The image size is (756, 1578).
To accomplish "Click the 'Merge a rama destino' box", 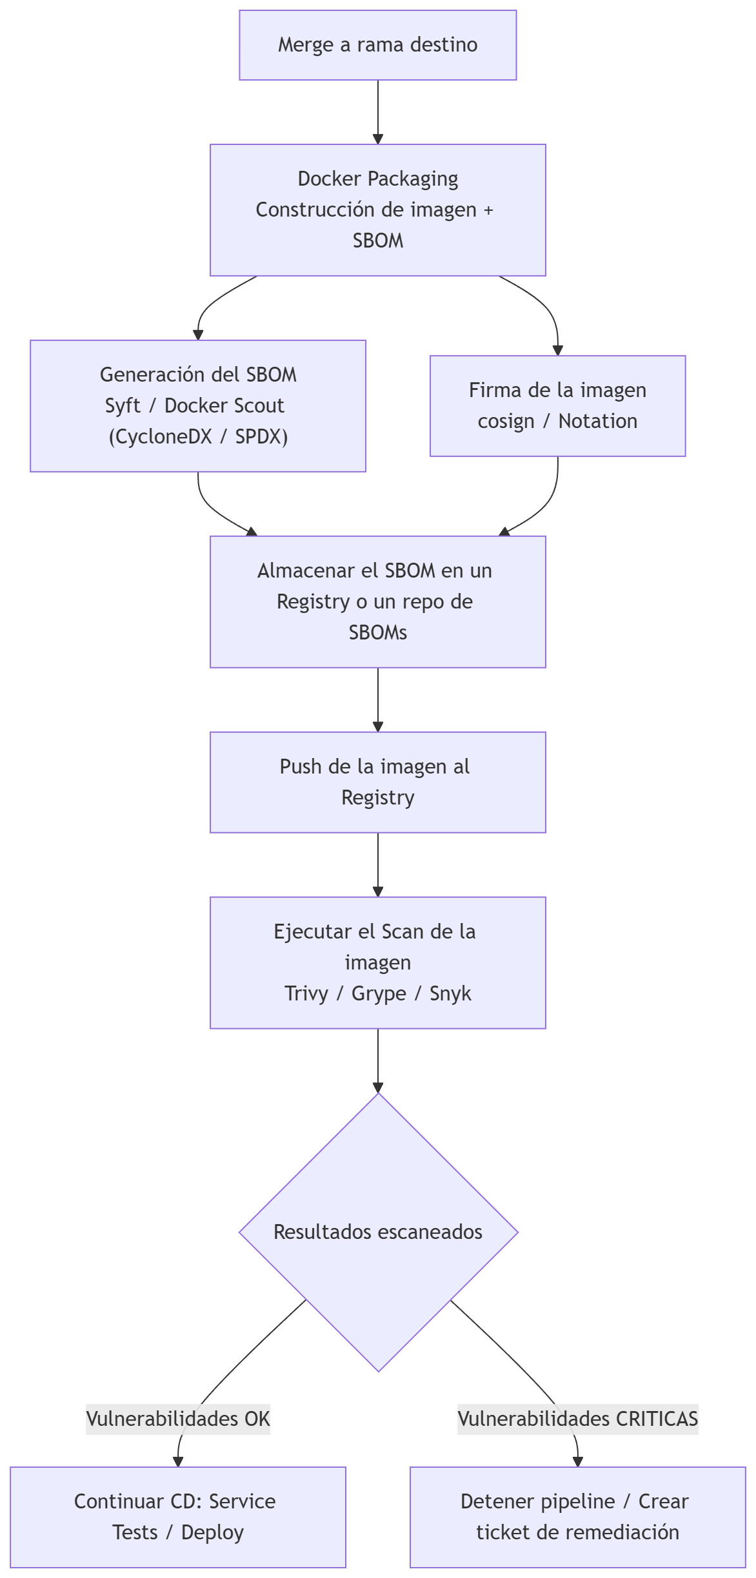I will tap(377, 45).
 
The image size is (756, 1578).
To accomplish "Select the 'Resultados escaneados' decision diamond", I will tap(378, 1232).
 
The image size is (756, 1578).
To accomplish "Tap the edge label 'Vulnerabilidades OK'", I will tap(178, 1419).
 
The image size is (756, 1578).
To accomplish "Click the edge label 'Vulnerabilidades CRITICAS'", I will tap(577, 1419).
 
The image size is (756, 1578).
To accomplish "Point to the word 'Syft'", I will tap(123, 405).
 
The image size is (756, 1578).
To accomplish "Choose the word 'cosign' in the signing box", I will tap(506, 421).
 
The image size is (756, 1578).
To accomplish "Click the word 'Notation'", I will tap(598, 421).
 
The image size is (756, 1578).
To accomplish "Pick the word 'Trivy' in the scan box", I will tap(306, 993).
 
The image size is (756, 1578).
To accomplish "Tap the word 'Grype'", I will tap(379, 993).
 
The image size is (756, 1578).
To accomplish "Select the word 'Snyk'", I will tap(450, 993).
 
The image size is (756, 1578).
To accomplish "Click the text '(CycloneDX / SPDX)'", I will tap(198, 436).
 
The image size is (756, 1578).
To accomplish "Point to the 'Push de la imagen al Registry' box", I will tap(377, 782).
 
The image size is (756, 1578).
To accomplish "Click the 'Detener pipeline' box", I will tap(577, 1517).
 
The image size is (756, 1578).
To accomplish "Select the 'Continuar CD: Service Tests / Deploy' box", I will tap(178, 1517).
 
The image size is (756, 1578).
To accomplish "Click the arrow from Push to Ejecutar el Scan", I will tap(378, 864).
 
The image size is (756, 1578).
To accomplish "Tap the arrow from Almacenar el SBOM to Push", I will tap(378, 699).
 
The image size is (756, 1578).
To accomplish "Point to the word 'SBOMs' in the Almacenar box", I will tap(378, 632).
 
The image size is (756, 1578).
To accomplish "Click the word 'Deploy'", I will tap(212, 1532).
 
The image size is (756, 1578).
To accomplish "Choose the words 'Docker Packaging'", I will tap(377, 179).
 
